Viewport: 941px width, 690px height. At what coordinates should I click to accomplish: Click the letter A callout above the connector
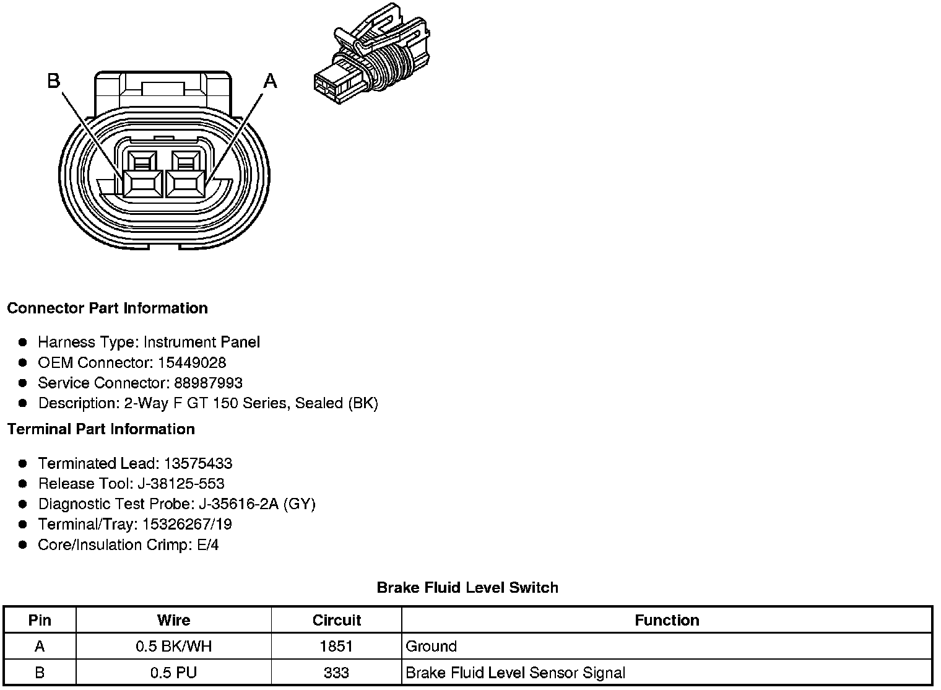click(x=271, y=81)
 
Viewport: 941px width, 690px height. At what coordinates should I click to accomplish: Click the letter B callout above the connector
click(x=54, y=81)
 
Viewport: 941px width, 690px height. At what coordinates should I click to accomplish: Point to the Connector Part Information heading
click(x=108, y=308)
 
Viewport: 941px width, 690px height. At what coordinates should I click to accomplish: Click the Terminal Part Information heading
click(x=101, y=429)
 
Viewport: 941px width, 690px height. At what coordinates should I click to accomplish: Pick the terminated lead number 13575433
click(x=198, y=463)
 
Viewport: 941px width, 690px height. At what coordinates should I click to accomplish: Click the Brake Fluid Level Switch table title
click(x=467, y=588)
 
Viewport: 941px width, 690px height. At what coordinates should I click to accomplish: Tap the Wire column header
click(x=173, y=621)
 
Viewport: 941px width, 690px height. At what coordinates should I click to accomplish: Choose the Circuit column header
click(x=336, y=621)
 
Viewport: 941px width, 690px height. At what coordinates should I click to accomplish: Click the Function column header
click(x=667, y=621)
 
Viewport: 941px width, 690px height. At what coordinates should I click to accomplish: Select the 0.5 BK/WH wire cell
click(x=173, y=647)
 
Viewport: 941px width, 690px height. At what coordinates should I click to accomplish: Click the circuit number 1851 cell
click(x=336, y=647)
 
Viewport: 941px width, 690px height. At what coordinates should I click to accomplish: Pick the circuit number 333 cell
click(x=336, y=673)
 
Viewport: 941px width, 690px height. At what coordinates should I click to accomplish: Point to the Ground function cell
click(x=431, y=647)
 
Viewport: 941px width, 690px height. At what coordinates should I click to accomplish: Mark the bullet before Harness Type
click(x=23, y=342)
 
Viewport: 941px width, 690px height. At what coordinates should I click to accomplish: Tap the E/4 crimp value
click(x=206, y=545)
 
